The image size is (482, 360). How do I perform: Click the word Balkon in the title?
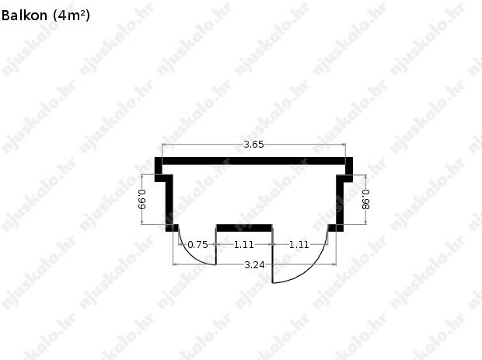[24, 16]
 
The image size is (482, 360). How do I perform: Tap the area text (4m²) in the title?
[72, 16]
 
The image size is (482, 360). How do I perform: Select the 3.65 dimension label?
[253, 145]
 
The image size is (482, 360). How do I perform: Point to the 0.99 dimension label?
[142, 199]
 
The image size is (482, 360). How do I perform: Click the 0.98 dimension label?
[366, 200]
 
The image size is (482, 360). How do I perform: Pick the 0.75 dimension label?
[197, 245]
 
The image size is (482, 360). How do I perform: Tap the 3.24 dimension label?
[254, 264]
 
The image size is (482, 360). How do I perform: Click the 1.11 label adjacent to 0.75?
[244, 245]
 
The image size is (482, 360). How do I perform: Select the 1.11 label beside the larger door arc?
[299, 245]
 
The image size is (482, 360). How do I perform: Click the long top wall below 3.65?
[253, 161]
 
